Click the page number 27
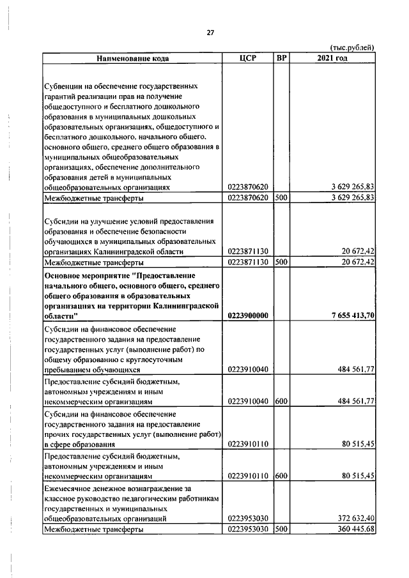pyautogui.click(x=209, y=33)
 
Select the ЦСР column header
pyautogui.click(x=247, y=58)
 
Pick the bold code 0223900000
pyautogui.click(x=247, y=316)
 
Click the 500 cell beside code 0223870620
pyautogui.click(x=281, y=199)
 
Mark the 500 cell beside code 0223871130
pyautogui.click(x=281, y=262)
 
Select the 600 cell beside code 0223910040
pyautogui.click(x=281, y=402)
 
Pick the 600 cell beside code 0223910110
pyautogui.click(x=281, y=476)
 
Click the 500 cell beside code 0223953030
pyautogui.click(x=281, y=529)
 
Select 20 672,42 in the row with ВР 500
pyautogui.click(x=355, y=262)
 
